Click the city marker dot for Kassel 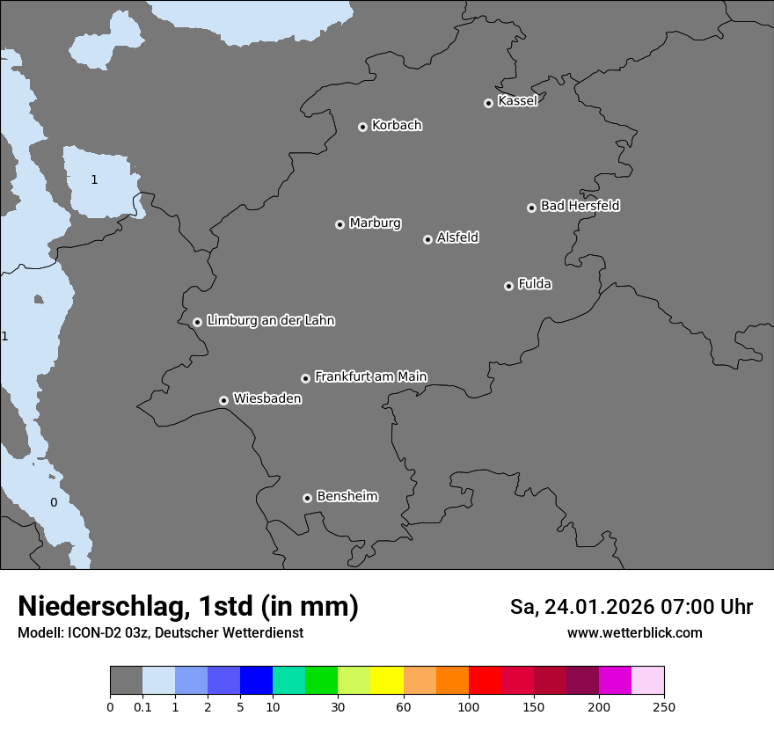point(488,103)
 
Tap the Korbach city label point(397,126)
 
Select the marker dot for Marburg point(340,224)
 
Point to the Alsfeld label point(457,237)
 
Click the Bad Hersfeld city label point(580,206)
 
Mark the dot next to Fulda point(508,286)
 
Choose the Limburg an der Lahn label point(271,320)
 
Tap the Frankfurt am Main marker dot point(305,378)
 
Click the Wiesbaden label point(267,398)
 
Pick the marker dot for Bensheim point(307,498)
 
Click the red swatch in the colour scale point(485,681)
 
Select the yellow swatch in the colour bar point(387,681)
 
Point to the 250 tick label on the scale point(664,706)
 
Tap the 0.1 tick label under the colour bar point(142,706)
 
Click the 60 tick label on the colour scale point(404,706)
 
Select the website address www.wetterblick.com point(634,632)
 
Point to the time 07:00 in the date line point(686,607)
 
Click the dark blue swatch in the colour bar point(256,681)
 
